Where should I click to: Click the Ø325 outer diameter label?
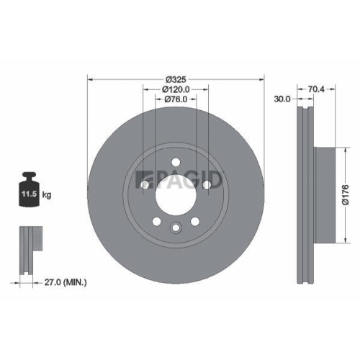click(x=176, y=78)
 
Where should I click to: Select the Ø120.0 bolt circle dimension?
click(x=176, y=89)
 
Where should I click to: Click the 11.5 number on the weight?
click(x=29, y=194)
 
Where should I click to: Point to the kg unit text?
click(x=46, y=194)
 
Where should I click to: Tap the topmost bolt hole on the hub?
click(x=175, y=162)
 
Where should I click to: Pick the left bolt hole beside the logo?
click(x=144, y=186)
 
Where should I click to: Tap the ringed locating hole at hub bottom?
click(x=175, y=228)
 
